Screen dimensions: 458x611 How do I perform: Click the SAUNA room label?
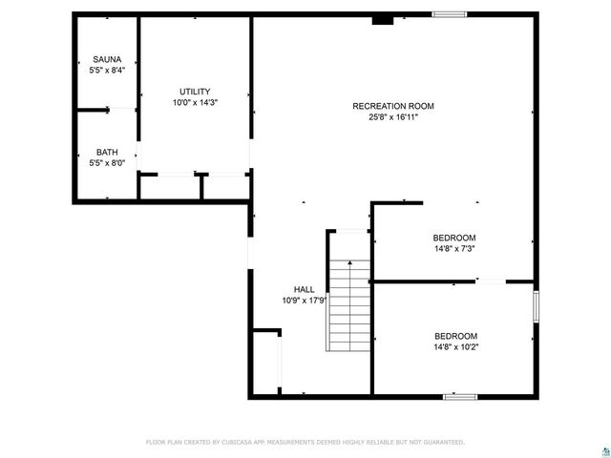pyautogui.click(x=107, y=59)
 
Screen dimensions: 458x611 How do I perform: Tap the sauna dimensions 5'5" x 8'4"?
pyautogui.click(x=107, y=70)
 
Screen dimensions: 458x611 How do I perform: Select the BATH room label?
pyautogui.click(x=107, y=153)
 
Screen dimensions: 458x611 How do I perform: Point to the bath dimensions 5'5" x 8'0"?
pyautogui.click(x=107, y=163)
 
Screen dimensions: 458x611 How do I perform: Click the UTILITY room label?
pyautogui.click(x=195, y=92)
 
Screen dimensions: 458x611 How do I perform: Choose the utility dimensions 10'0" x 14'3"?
pyautogui.click(x=195, y=103)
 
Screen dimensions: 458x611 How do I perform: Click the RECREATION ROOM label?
pyautogui.click(x=393, y=106)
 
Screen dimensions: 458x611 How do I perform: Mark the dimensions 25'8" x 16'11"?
pyautogui.click(x=393, y=117)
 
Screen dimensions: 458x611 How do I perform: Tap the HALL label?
pyautogui.click(x=305, y=289)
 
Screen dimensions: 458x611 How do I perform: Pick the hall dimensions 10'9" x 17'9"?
pyautogui.click(x=305, y=301)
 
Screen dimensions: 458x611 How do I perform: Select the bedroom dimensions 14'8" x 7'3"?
pyautogui.click(x=454, y=249)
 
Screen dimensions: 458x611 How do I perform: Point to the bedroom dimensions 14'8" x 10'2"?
pyautogui.click(x=455, y=347)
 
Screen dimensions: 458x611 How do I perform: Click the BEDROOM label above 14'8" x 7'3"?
pyautogui.click(x=454, y=238)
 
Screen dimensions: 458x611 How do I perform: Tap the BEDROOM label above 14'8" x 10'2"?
pyautogui.click(x=455, y=336)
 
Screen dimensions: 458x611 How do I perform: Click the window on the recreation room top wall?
pyautogui.click(x=449, y=14)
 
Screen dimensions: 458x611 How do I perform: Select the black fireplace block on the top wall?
pyautogui.click(x=383, y=17)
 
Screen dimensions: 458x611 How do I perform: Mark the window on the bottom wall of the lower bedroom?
pyautogui.click(x=460, y=395)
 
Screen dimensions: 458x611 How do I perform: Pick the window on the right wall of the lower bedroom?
pyautogui.click(x=536, y=306)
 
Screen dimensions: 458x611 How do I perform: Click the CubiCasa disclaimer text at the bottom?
pyautogui.click(x=305, y=442)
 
